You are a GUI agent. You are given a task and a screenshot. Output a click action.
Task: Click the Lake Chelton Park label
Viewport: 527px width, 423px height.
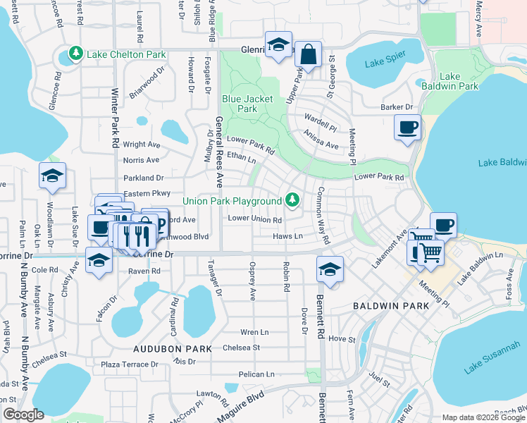point(126,54)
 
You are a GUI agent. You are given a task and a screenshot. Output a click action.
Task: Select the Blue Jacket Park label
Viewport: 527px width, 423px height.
point(247,104)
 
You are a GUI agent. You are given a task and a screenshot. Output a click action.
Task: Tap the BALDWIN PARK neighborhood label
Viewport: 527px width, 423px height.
point(386,307)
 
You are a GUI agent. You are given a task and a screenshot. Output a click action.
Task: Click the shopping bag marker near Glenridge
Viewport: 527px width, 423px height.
point(308,54)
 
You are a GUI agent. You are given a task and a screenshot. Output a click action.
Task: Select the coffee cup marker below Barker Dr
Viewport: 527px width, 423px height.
point(407,128)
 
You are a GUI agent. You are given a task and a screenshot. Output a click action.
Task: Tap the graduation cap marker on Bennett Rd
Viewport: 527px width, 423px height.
point(329,270)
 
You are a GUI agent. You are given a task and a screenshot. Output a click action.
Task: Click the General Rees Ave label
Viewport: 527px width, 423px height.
point(219,152)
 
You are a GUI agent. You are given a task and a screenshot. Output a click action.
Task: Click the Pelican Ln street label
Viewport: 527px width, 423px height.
point(256,374)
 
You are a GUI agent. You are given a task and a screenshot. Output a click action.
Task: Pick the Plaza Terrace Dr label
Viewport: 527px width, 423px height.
point(130,364)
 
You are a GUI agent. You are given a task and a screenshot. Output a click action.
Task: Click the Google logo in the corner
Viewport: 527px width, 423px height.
point(23,415)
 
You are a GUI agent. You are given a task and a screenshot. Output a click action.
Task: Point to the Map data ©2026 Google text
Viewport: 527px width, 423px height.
point(483,417)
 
